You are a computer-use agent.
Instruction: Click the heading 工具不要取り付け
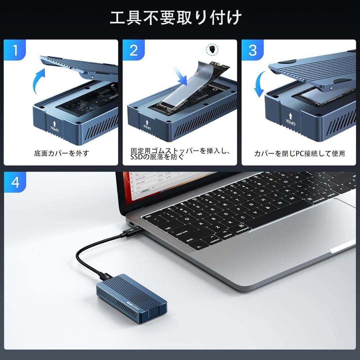point(176,17)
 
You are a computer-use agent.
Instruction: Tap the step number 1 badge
point(15,50)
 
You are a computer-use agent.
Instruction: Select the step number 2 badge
point(134,50)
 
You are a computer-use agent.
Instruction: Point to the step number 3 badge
point(253,50)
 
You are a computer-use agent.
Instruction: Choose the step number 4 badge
point(15,182)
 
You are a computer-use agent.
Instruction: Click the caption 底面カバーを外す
point(62,153)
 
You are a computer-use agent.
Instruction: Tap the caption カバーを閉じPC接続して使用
point(299,153)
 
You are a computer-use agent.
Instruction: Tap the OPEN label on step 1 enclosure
point(54,126)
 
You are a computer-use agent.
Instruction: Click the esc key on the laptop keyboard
point(148,216)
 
